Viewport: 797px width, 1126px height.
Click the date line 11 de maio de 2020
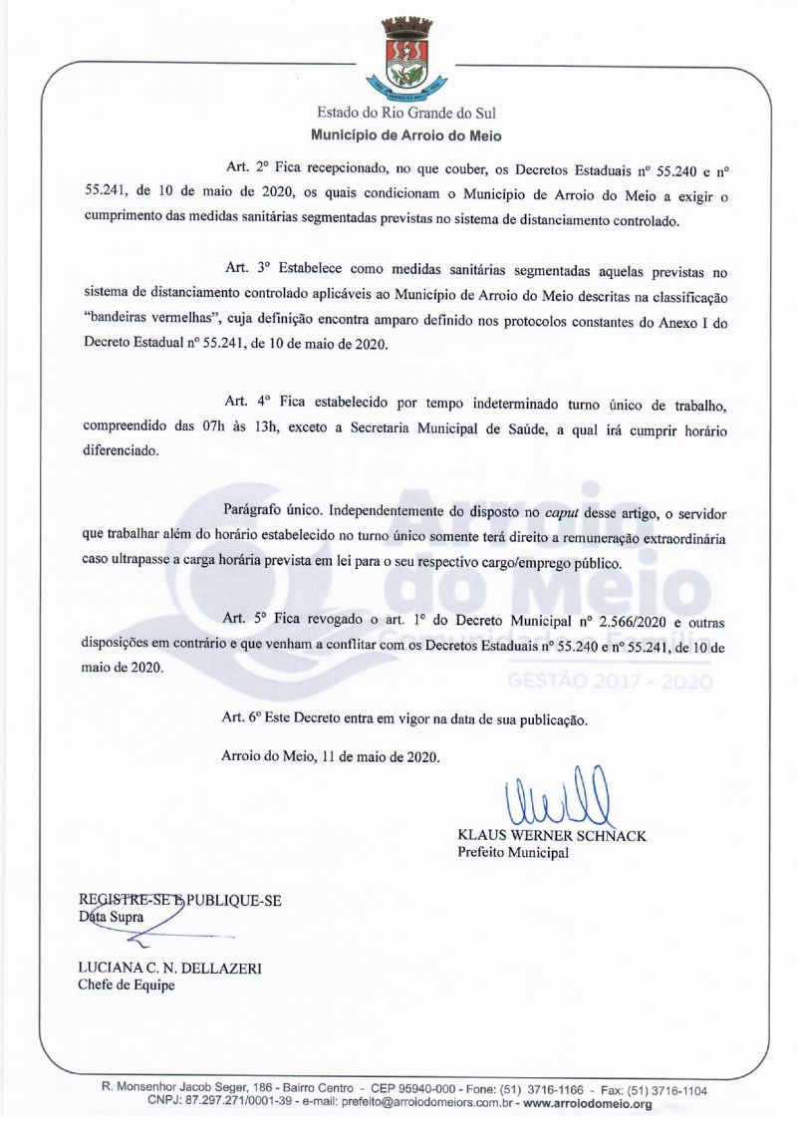[378, 756]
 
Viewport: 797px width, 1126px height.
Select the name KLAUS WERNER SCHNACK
[551, 836]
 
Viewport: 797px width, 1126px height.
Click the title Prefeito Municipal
[513, 853]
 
